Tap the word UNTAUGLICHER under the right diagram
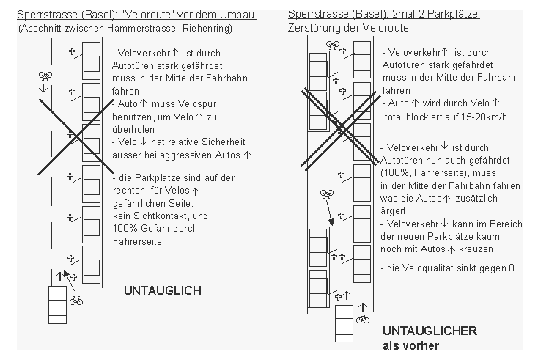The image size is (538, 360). tap(429, 331)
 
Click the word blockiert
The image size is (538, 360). tap(427, 117)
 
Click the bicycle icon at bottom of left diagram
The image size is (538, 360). tap(76, 299)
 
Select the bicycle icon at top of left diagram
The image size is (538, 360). tap(46, 76)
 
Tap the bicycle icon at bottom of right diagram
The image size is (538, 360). tap(363, 318)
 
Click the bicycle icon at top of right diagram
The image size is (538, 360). tap(333, 45)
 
